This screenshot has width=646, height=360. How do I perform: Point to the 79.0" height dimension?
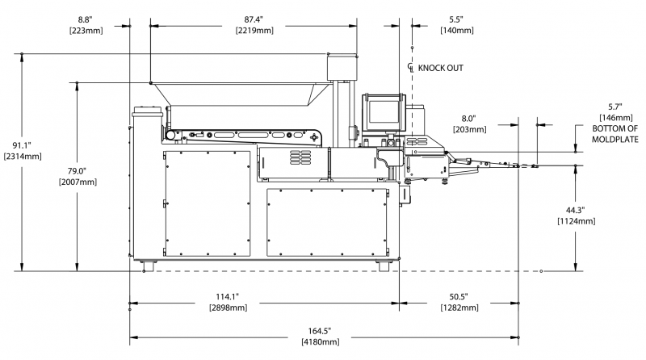pos(77,171)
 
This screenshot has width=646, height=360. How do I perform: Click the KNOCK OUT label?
pos(440,68)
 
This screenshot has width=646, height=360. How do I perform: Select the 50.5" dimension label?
pos(459,295)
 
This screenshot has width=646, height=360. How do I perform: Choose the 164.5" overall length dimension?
pos(320,331)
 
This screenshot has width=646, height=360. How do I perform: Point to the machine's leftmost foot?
pos(149,264)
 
